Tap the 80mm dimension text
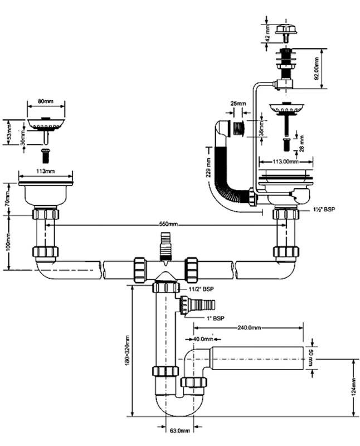(46, 102)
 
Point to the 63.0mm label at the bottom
(179, 430)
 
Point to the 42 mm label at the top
(267, 32)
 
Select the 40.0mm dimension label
(202, 338)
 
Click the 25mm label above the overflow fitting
(239, 104)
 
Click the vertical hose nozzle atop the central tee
(165, 248)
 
